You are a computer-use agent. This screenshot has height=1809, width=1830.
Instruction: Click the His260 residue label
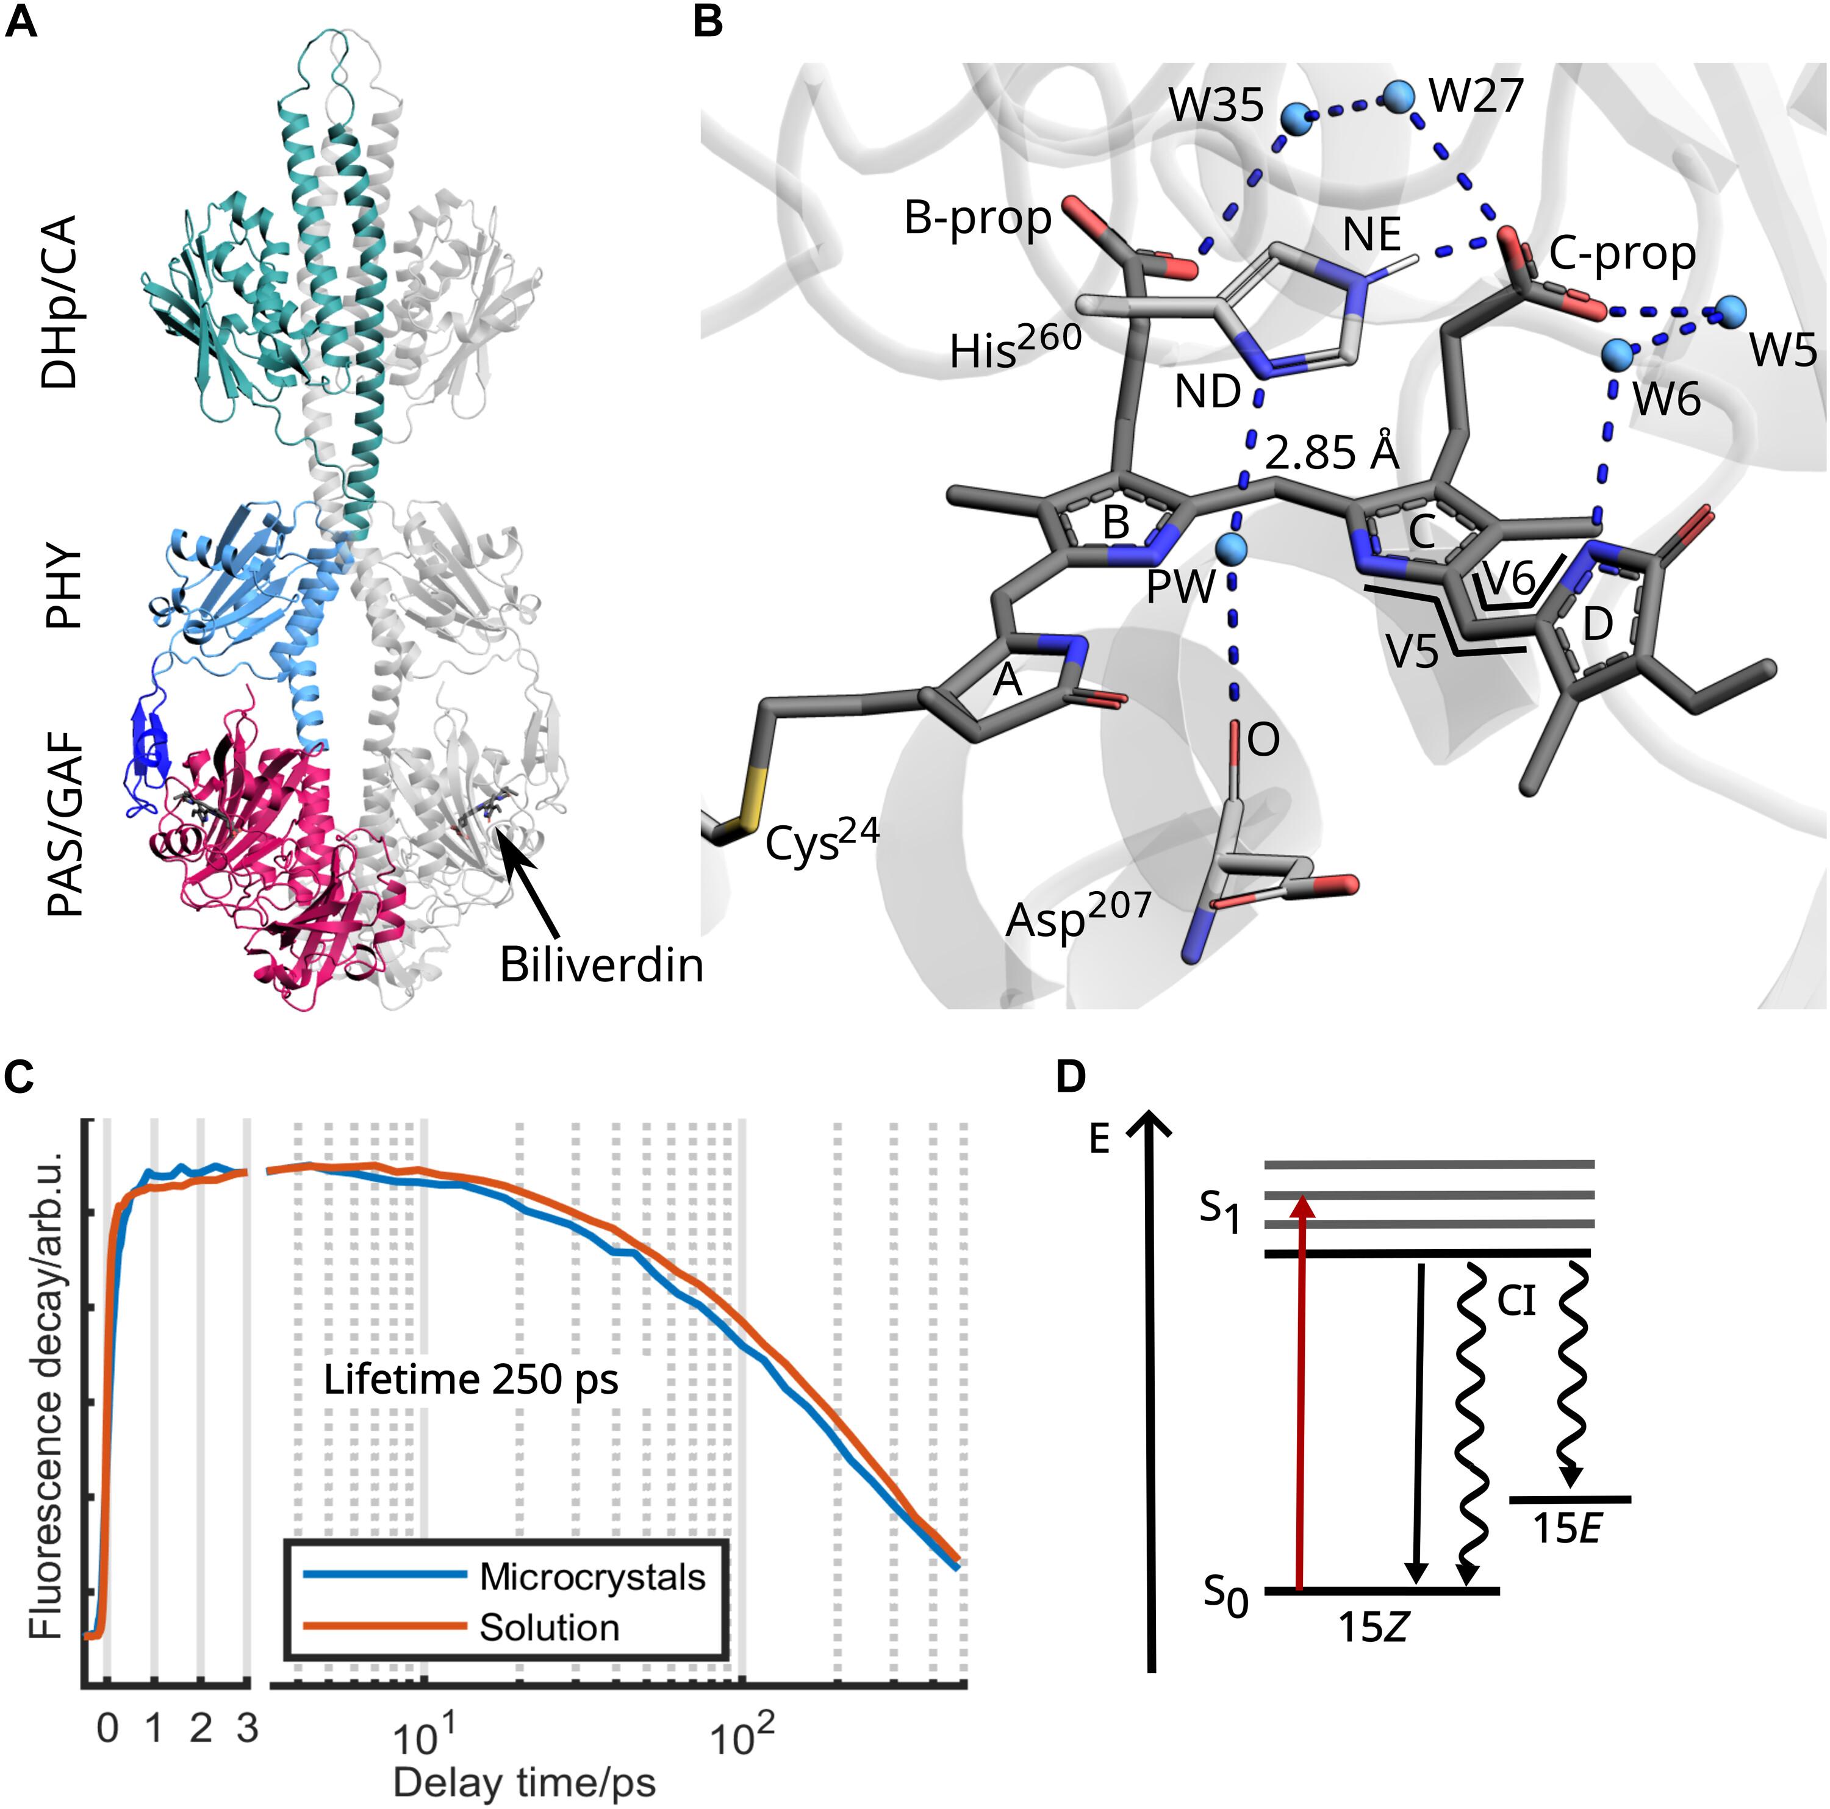[x=1016, y=348]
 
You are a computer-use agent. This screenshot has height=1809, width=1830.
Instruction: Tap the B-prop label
[x=977, y=218]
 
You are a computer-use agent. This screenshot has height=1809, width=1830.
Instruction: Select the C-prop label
[x=1621, y=253]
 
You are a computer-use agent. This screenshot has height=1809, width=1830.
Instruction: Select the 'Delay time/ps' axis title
[x=524, y=1783]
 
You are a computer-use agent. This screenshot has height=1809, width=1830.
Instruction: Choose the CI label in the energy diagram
[x=1516, y=1302]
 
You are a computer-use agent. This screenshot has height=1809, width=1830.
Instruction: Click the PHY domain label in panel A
[x=65, y=586]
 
